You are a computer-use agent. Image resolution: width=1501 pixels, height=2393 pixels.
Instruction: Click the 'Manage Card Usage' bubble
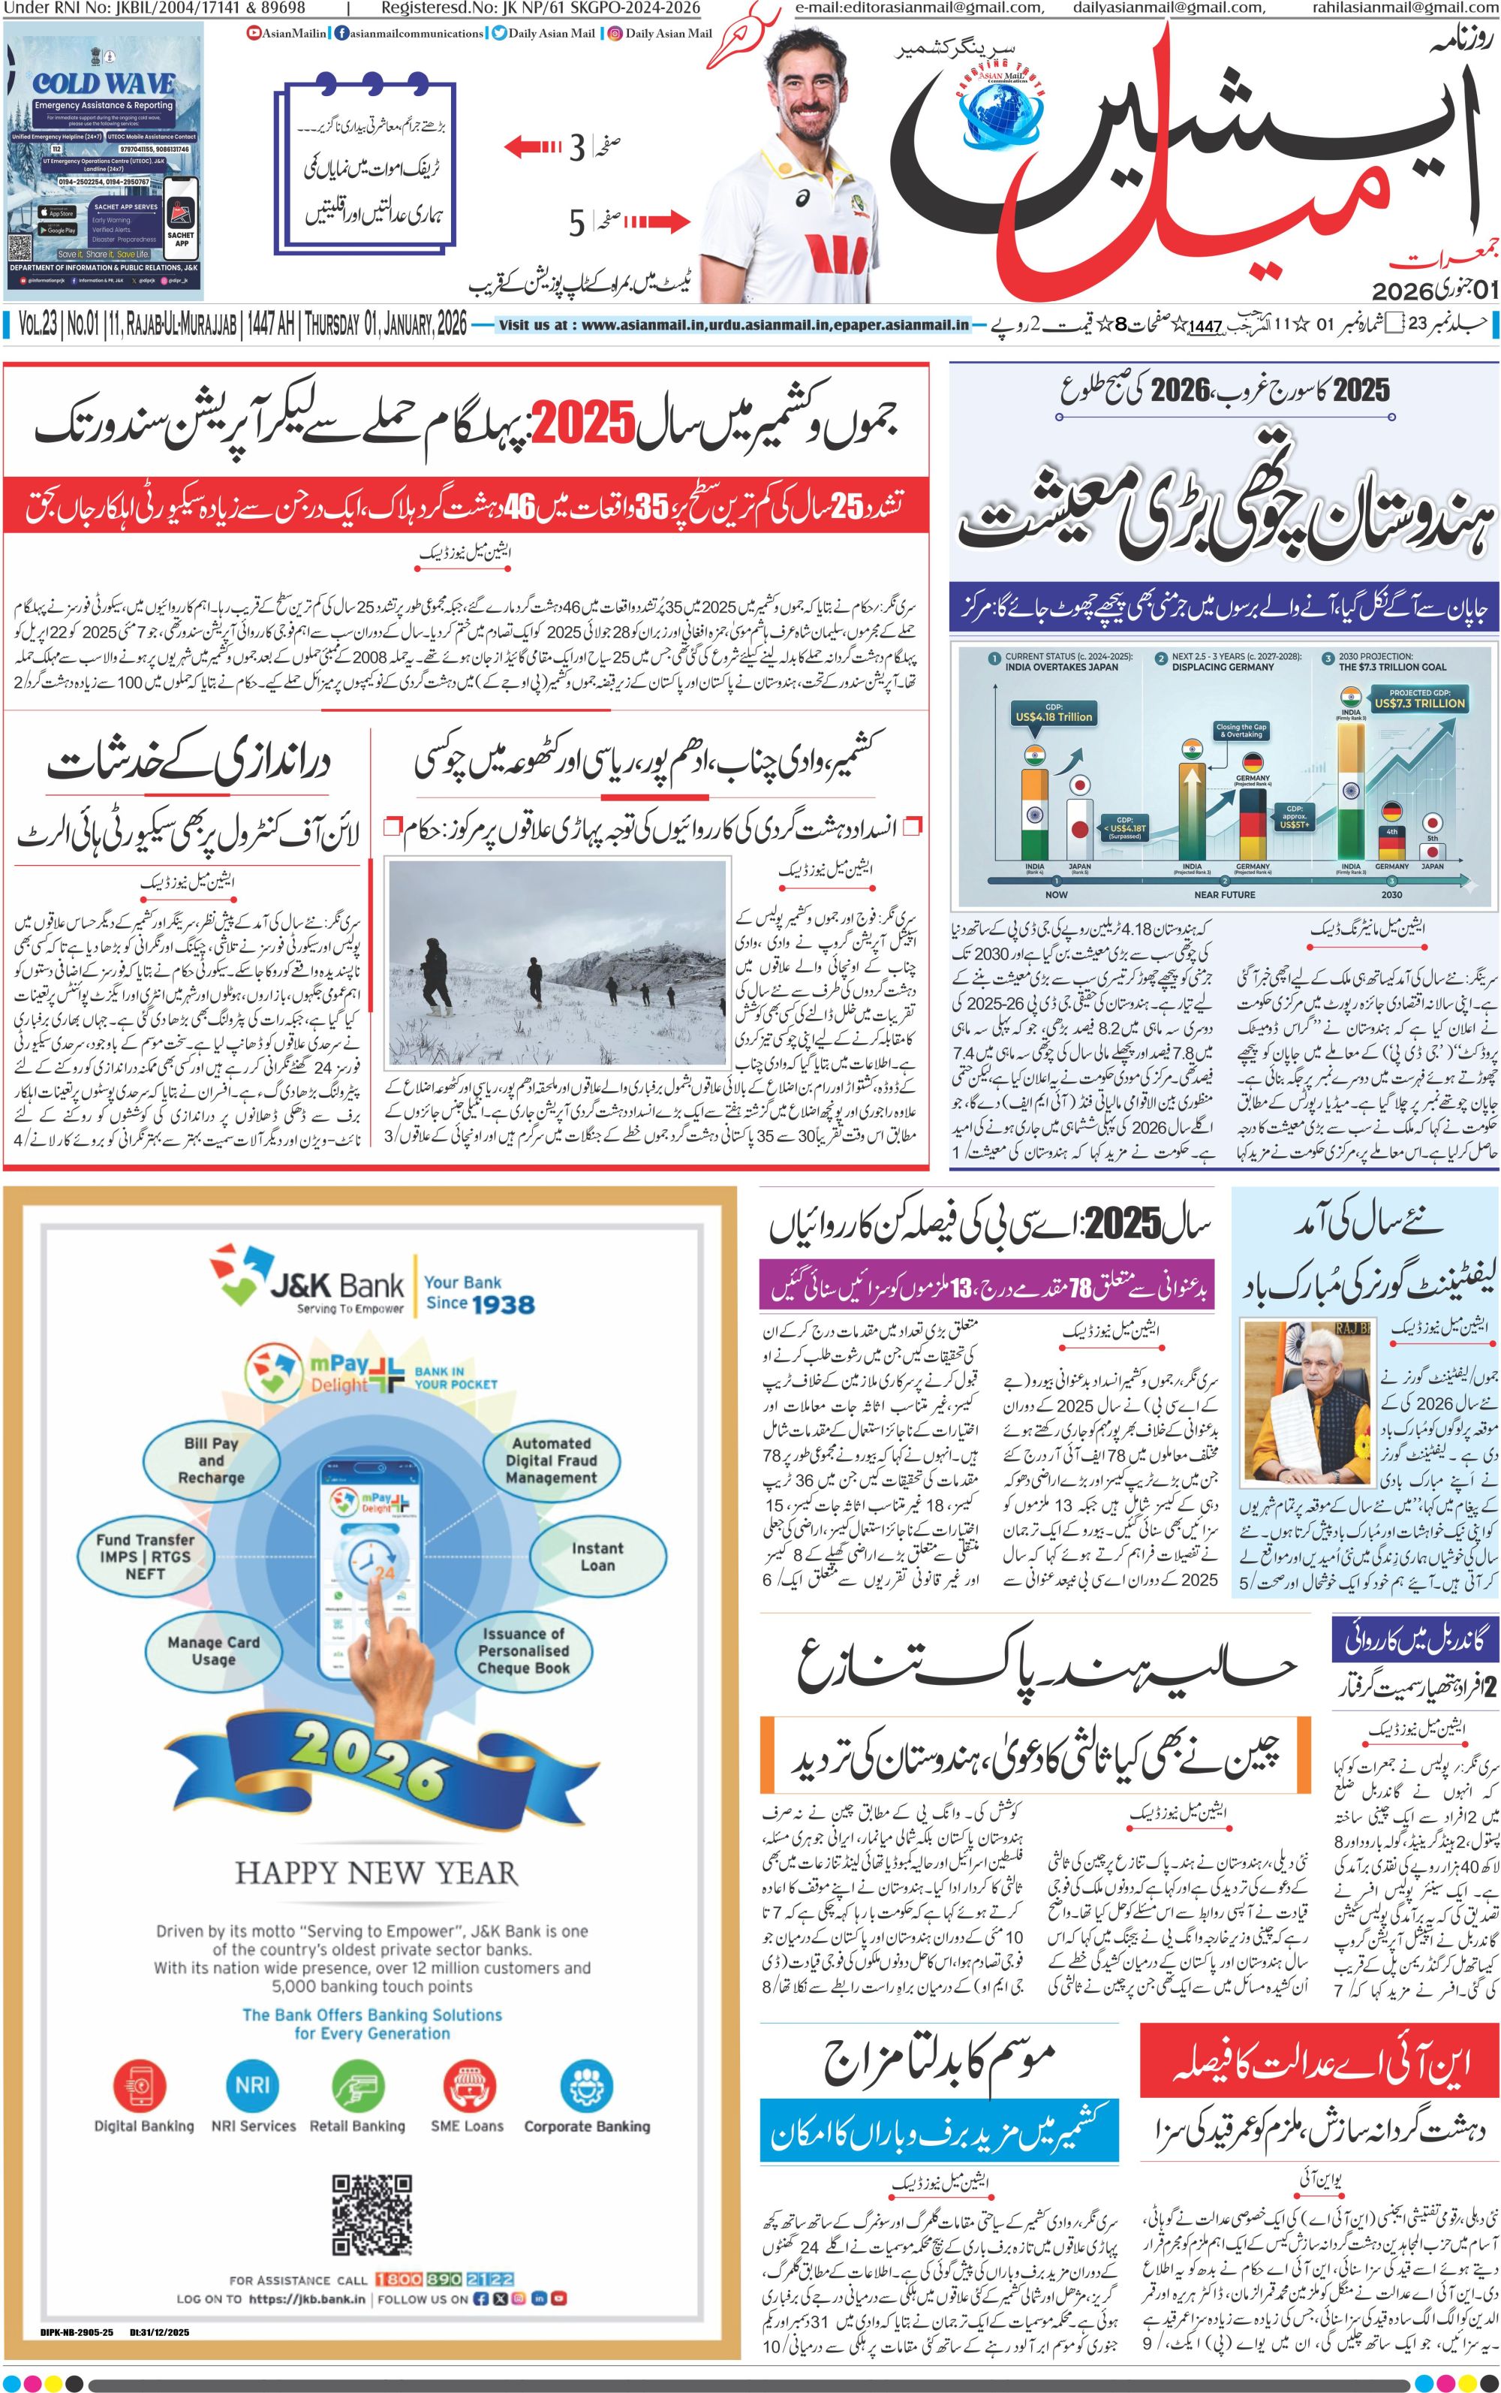(x=213, y=1650)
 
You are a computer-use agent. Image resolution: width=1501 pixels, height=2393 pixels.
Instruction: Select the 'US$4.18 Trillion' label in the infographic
(x=1053, y=716)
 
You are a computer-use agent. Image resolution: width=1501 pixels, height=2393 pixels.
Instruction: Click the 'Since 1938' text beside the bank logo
(x=480, y=1303)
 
